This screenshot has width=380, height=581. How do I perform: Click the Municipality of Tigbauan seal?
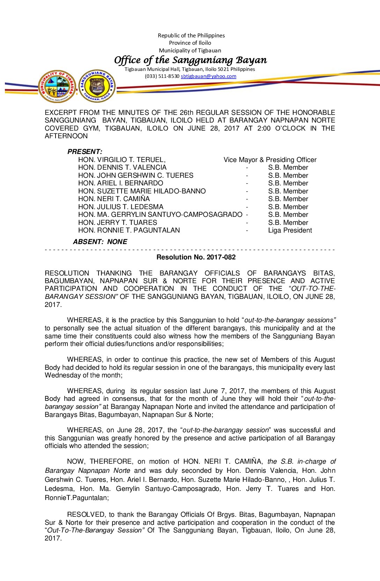tap(57, 86)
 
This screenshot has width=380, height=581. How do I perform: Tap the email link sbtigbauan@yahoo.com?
tap(208, 76)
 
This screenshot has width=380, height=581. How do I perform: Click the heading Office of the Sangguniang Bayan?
tap(190, 60)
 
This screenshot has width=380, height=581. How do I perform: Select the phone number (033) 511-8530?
tap(162, 76)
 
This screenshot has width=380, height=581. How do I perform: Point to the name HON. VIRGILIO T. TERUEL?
tap(122, 160)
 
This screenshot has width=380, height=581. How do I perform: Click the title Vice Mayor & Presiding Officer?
tap(270, 160)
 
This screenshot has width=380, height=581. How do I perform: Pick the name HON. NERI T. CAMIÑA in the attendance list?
tap(114, 199)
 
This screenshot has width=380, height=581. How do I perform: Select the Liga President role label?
tap(290, 230)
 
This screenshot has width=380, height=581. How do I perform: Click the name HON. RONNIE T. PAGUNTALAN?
tap(129, 230)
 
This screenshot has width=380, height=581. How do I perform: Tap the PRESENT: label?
tap(85, 152)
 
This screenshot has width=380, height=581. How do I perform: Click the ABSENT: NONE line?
tap(100, 242)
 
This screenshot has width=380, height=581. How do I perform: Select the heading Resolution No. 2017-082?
tap(196, 257)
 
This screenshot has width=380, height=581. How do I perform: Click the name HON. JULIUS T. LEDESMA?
tap(120, 207)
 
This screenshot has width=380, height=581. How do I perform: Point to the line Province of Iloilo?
tap(190, 43)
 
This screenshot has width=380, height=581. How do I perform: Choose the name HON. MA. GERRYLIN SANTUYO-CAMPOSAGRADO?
tap(160, 214)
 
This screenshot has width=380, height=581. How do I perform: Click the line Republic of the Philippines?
tap(191, 35)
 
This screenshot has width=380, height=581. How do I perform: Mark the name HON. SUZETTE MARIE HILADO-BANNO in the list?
tap(142, 191)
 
